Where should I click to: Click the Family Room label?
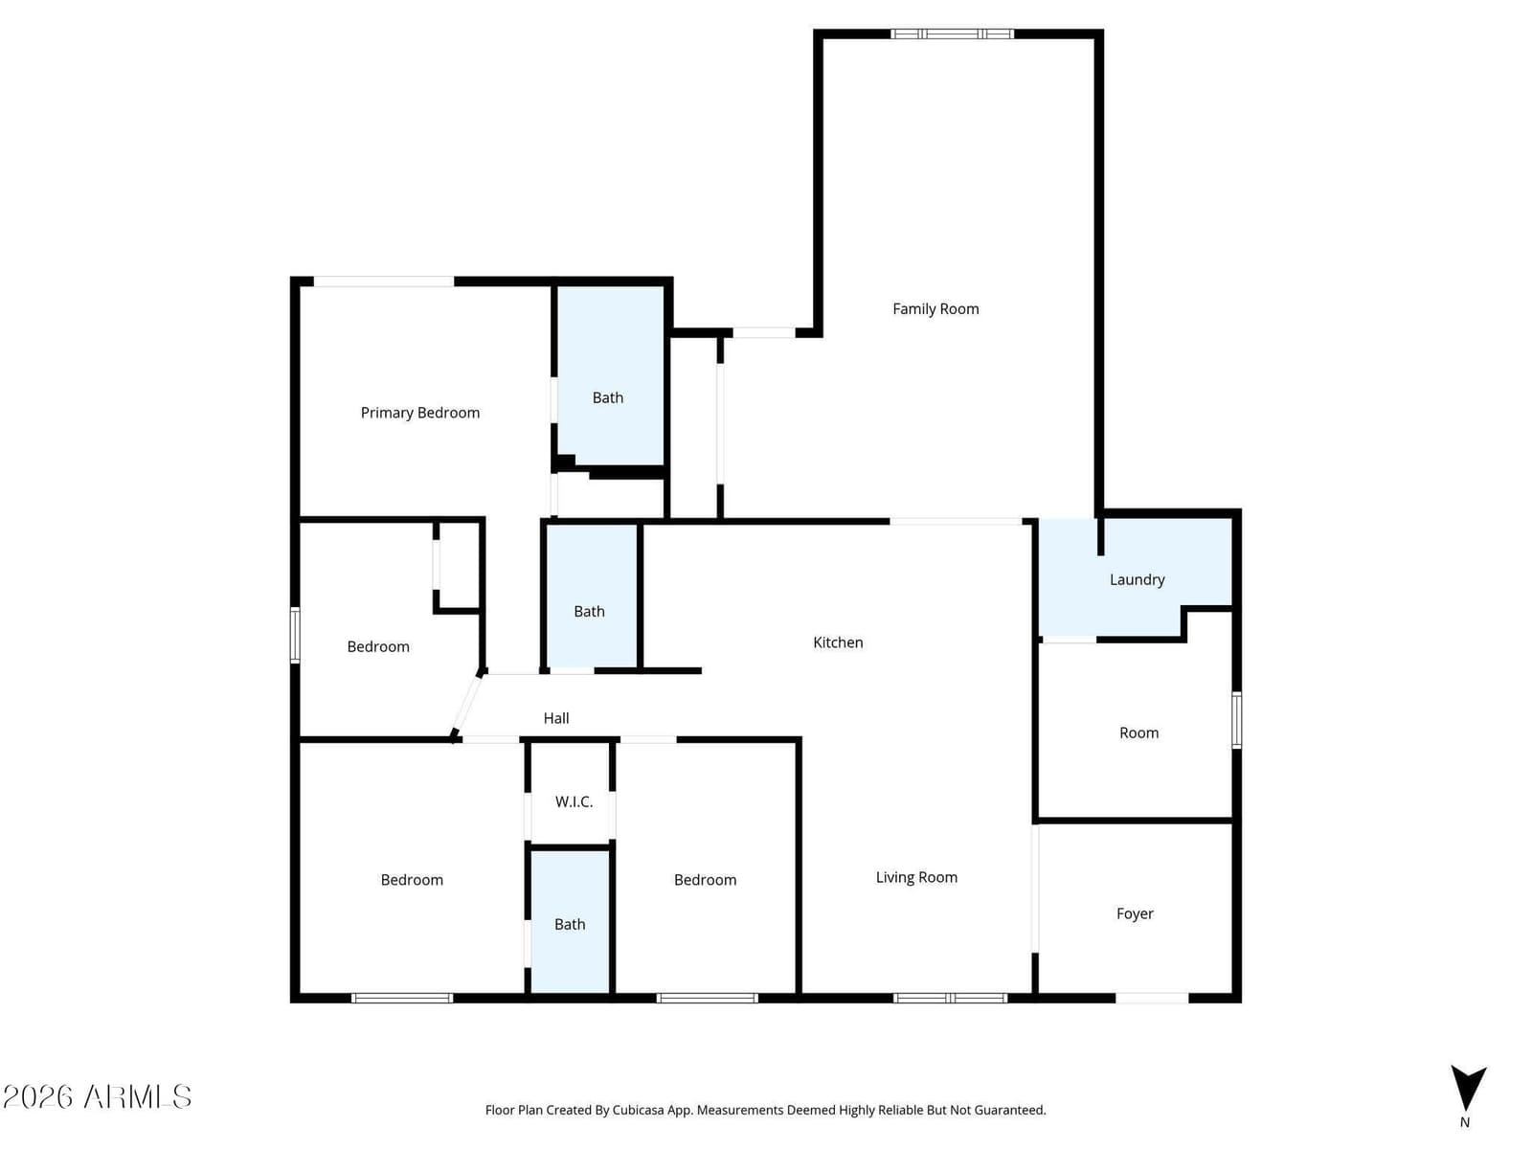pyautogui.click(x=935, y=309)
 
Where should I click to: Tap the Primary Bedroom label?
pyautogui.click(x=419, y=413)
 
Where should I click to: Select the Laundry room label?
pyautogui.click(x=1137, y=579)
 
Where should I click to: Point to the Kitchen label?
pyautogui.click(x=838, y=642)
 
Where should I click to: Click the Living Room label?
pyautogui.click(x=916, y=878)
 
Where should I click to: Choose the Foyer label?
pyautogui.click(x=1135, y=913)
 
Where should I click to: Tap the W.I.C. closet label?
pyautogui.click(x=574, y=801)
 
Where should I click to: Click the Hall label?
pyautogui.click(x=556, y=718)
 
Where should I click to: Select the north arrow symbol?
pyautogui.click(x=1468, y=1089)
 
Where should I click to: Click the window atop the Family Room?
pyautogui.click(x=952, y=34)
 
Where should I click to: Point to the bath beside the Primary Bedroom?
pyautogui.click(x=610, y=375)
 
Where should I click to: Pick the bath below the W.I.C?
pyautogui.click(x=571, y=921)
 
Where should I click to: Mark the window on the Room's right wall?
pyautogui.click(x=1237, y=720)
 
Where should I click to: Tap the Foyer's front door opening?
pyautogui.click(x=1152, y=999)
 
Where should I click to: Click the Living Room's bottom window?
pyautogui.click(x=951, y=999)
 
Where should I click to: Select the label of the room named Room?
pyautogui.click(x=1139, y=733)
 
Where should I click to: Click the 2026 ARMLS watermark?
pyautogui.click(x=97, y=1097)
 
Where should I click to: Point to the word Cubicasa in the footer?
pyautogui.click(x=639, y=1110)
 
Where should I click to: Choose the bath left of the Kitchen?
pyautogui.click(x=591, y=597)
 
